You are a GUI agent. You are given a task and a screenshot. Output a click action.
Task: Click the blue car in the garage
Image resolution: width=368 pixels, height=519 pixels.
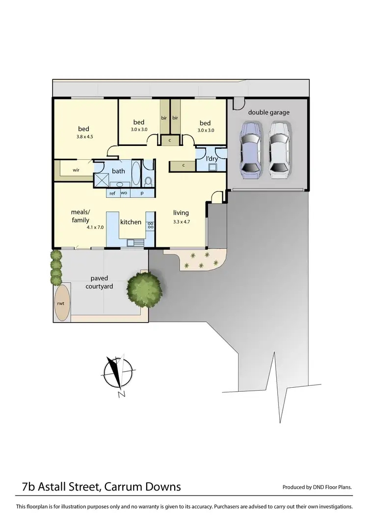pos(250,150)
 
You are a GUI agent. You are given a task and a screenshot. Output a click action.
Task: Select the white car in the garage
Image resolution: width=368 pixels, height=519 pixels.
pos(279,150)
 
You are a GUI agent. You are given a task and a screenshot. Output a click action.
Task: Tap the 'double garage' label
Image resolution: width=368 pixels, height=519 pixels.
pos(268,113)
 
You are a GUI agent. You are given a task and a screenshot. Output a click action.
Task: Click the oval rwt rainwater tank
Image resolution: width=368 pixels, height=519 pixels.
pos(62,303)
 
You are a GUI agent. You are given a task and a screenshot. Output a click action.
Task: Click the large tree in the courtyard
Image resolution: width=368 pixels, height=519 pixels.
pos(144,288)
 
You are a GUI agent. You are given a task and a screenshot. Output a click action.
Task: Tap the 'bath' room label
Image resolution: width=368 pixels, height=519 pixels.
pos(118,171)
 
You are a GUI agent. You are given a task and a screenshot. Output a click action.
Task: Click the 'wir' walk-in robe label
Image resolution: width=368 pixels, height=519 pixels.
pos(76,170)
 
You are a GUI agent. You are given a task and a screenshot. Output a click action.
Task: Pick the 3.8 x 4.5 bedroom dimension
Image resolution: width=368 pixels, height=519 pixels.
pos(84,137)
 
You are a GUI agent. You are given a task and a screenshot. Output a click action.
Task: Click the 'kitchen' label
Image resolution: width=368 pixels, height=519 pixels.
pos(131,222)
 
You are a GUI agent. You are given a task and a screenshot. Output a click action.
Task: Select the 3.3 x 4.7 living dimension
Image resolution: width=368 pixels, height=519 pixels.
pos(181,222)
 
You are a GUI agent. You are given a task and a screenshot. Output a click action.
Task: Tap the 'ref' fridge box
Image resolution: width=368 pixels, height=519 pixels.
pos(112,193)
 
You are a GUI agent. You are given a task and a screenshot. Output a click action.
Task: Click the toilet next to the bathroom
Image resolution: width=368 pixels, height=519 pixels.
pos(148,180)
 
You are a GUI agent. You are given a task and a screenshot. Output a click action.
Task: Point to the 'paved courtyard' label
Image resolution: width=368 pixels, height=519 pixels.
pos(103,282)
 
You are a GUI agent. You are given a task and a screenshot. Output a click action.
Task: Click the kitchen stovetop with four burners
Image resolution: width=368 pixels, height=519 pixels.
pos(150,225)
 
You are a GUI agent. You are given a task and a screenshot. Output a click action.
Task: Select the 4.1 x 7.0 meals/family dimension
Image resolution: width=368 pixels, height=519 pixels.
pos(95,227)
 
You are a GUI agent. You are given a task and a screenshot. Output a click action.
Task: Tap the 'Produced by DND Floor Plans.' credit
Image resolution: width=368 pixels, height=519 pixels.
pos(317,487)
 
